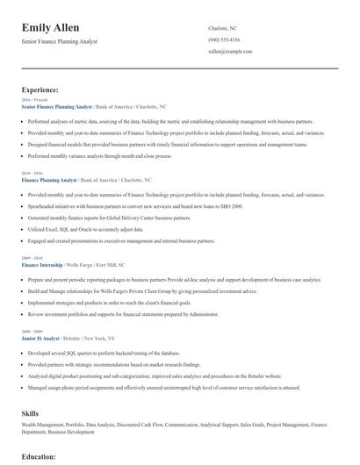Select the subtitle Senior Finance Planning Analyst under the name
point(61,42)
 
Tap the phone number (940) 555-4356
point(224,40)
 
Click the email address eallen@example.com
point(230,52)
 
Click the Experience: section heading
point(40,89)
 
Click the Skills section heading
point(31,412)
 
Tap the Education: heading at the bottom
point(40,456)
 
